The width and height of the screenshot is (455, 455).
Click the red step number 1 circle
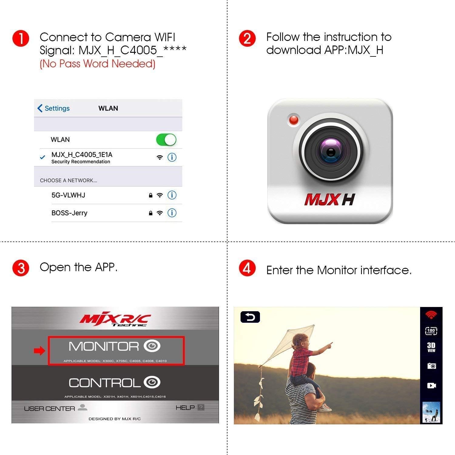21,39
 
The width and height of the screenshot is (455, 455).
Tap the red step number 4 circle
247,269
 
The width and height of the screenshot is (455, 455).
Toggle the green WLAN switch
166,140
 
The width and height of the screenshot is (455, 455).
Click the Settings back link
53,108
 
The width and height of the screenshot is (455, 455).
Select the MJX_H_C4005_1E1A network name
82,155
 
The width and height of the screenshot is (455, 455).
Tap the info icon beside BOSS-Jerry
172,213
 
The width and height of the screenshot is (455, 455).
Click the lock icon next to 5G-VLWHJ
150,195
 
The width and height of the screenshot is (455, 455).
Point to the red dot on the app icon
294,120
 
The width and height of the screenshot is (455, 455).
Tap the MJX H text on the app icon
329,200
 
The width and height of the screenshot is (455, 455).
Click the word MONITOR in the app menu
104,346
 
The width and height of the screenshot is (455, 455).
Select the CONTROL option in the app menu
105,383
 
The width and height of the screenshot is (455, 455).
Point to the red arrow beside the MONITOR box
39,351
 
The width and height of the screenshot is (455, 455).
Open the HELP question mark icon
201,407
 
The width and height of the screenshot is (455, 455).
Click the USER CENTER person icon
82,407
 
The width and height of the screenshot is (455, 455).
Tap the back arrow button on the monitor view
250,317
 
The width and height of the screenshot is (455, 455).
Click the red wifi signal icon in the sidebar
431,315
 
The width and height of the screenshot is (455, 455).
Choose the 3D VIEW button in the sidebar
431,347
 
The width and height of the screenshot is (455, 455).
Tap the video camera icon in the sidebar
431,386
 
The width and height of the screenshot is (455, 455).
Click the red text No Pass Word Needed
97,64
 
